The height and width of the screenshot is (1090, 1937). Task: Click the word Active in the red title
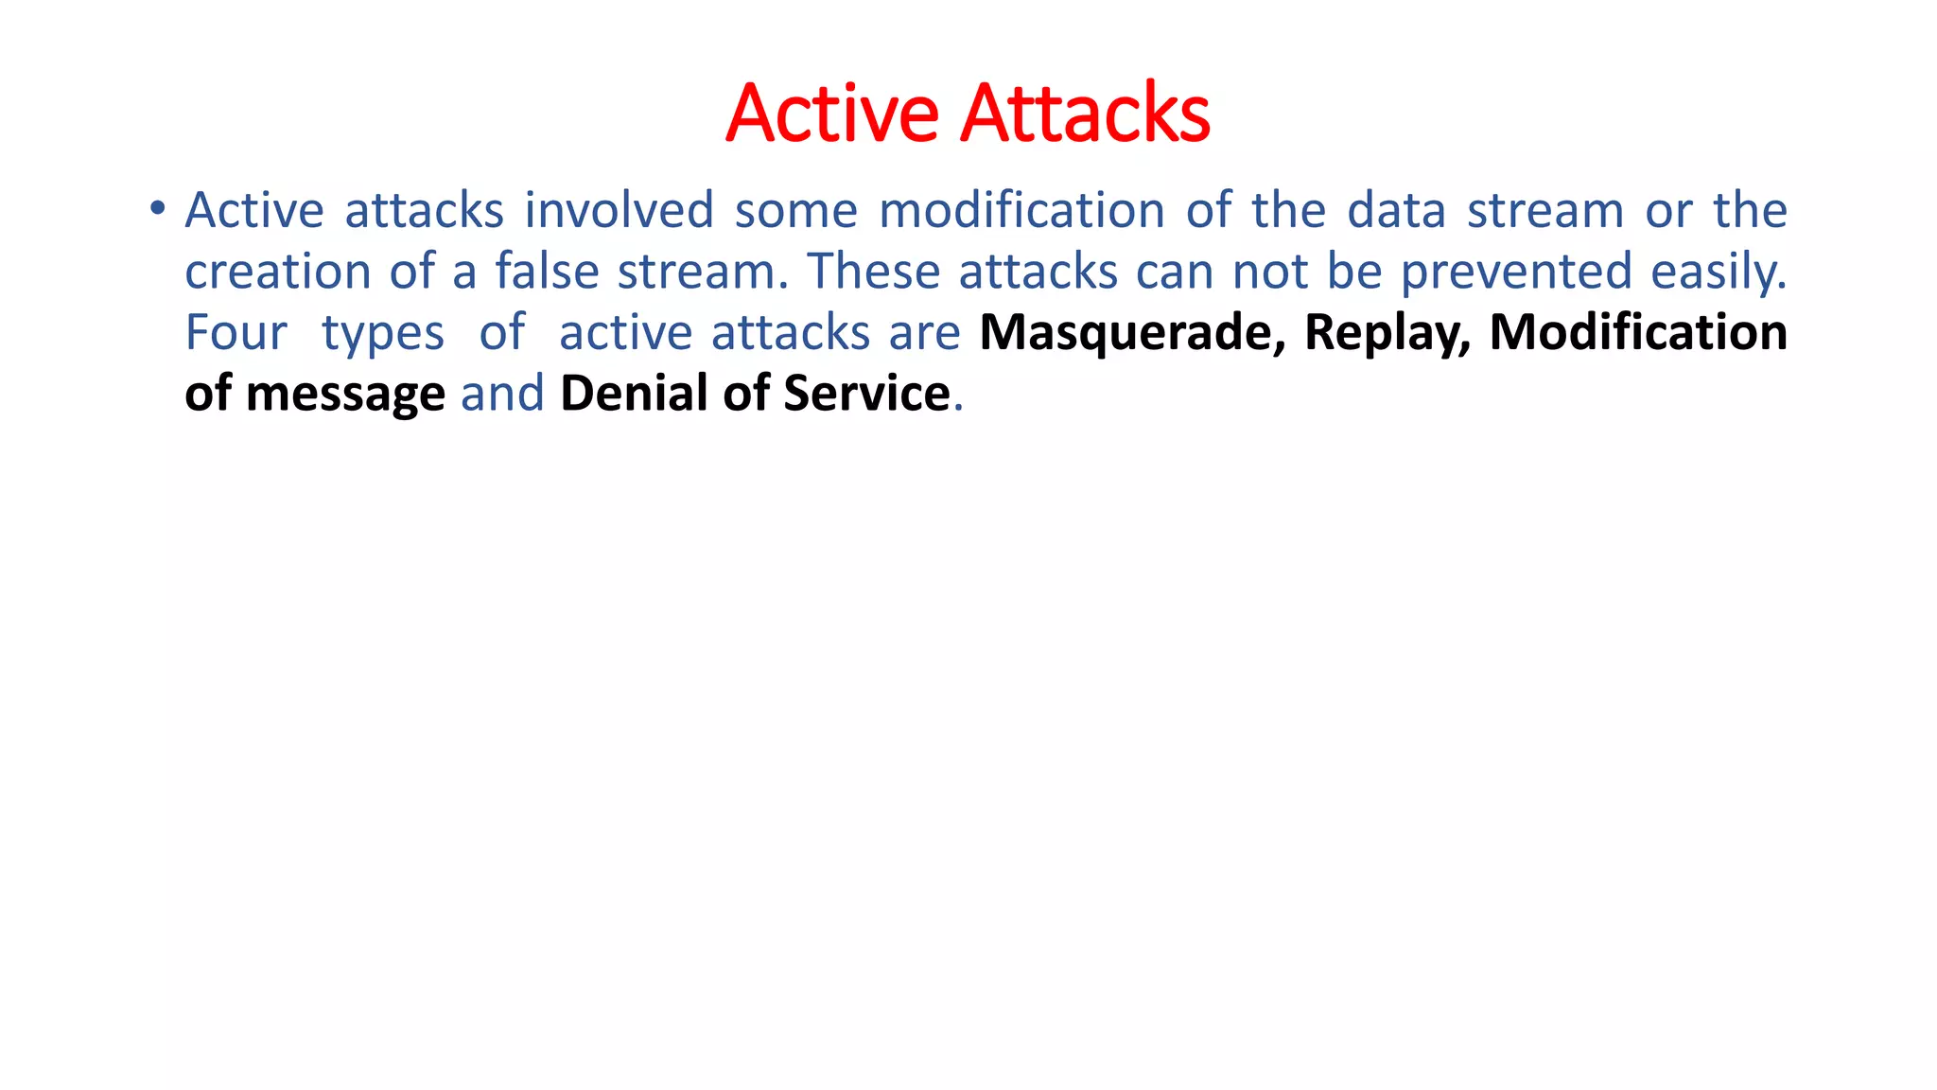pos(832,114)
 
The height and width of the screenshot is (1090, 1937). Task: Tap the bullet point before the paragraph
pos(157,207)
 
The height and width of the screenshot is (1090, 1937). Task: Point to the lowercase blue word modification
pos(1021,210)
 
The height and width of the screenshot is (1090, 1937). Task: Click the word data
pos(1396,210)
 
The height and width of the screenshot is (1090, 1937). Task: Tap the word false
pos(547,272)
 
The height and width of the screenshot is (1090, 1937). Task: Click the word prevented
pos(1516,272)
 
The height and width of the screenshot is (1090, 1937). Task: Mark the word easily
pos(1719,272)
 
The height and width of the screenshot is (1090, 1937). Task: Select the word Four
pos(236,333)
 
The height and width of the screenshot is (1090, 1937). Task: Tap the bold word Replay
pos(1387,333)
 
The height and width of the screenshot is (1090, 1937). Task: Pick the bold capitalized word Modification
pos(1638,333)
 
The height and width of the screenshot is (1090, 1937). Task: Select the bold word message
pos(345,395)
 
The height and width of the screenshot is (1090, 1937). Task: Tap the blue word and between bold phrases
pos(502,394)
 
